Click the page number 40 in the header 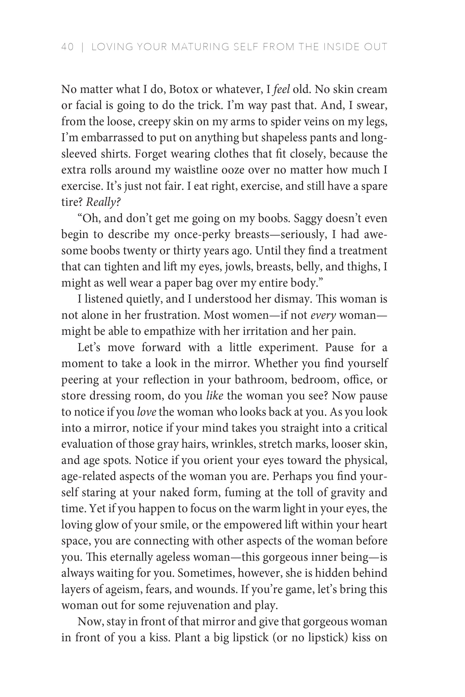pyautogui.click(x=67, y=47)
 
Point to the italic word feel pyautogui.click(x=281, y=89)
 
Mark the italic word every pyautogui.click(x=323, y=315)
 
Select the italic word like pyautogui.click(x=215, y=396)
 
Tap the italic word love pyautogui.click(x=147, y=412)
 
